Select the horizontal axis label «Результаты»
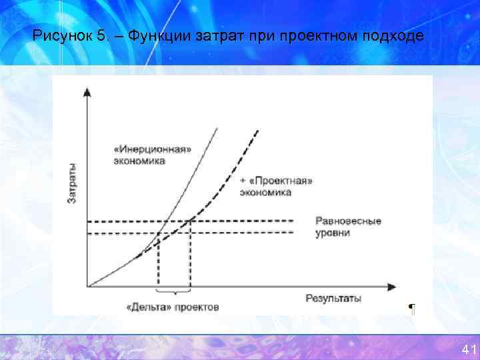click(x=333, y=298)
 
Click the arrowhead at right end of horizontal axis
click(x=395, y=287)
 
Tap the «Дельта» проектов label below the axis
click(x=173, y=307)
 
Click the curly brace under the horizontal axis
click(x=173, y=292)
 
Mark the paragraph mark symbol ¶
click(x=411, y=308)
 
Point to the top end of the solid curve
click(x=218, y=127)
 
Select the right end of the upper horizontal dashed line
click(x=293, y=221)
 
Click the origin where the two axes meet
click(x=87, y=287)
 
